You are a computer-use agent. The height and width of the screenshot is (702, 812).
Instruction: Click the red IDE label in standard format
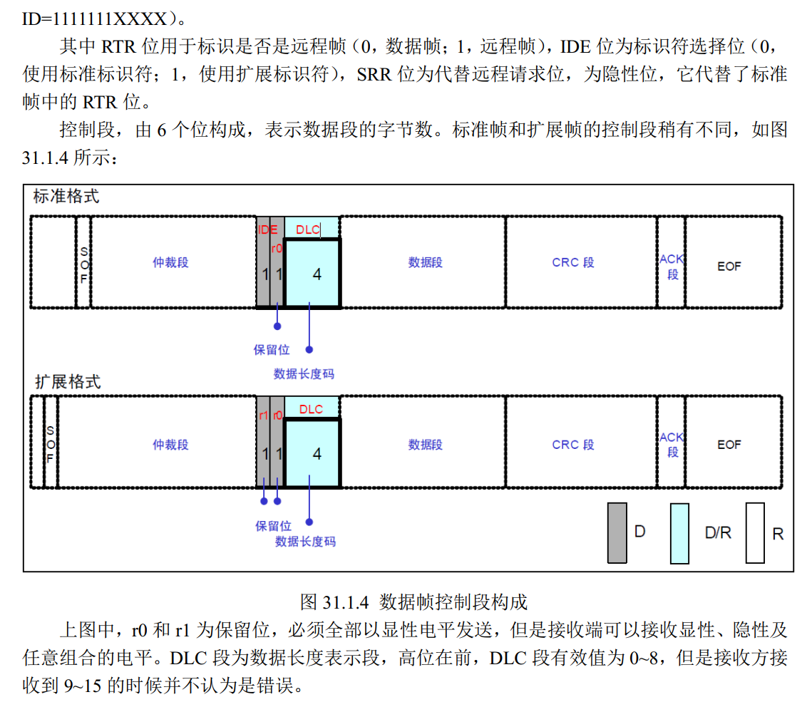click(267, 229)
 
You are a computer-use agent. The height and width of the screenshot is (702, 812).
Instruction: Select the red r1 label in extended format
click(263, 415)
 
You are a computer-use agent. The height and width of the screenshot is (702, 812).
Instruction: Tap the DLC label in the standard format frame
click(308, 229)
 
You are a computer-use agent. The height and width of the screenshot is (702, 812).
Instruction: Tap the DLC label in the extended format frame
click(311, 409)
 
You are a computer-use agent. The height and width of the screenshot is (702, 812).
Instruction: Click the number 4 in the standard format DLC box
click(317, 274)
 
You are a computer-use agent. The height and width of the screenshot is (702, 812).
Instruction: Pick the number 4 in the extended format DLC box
click(317, 453)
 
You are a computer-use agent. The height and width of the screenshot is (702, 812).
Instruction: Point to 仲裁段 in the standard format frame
click(170, 262)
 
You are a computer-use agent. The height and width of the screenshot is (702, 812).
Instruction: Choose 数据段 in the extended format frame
click(425, 445)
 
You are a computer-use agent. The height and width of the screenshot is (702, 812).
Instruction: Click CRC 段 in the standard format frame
click(572, 262)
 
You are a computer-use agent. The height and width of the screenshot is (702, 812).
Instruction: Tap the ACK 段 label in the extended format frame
click(672, 444)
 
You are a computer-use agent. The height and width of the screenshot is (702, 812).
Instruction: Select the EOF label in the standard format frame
click(729, 266)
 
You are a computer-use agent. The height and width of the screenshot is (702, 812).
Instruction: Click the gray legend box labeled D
click(617, 532)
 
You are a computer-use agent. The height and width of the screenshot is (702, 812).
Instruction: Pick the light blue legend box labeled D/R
click(679, 533)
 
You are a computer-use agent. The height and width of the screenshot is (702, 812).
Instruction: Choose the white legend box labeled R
click(755, 532)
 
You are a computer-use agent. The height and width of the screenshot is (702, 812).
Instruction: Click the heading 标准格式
click(66, 197)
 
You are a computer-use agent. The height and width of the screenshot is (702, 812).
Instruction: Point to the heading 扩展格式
click(68, 381)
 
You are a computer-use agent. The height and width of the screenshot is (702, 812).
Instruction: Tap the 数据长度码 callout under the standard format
click(304, 373)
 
